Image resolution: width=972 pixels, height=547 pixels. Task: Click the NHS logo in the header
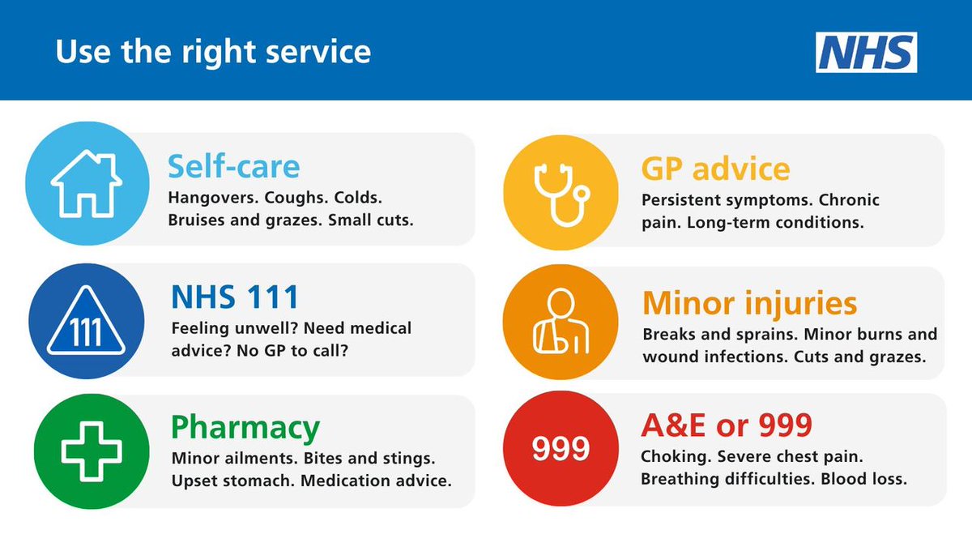pos(866,53)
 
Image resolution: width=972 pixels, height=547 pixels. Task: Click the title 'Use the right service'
pos(213,53)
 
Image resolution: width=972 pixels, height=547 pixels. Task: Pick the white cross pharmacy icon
pos(86,451)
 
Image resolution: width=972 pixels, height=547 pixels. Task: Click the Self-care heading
pos(234,167)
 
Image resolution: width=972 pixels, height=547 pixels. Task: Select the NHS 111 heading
pos(235,297)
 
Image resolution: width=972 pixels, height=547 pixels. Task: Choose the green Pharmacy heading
pos(245,428)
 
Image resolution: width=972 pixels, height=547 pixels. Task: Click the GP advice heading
pos(715,169)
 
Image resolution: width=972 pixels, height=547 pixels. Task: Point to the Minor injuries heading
pos(749,303)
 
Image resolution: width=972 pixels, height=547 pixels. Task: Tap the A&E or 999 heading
pos(727,425)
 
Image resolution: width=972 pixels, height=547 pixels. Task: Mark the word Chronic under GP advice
pos(848,199)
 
